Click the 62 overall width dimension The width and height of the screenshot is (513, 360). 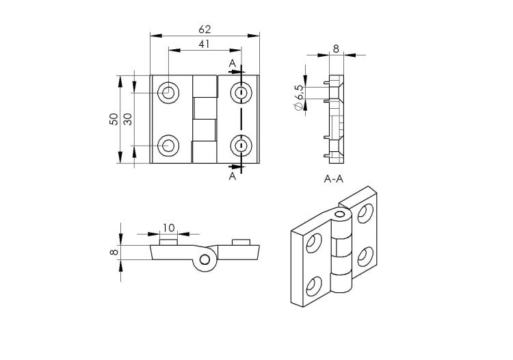click(205, 29)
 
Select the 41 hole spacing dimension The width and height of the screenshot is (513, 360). click(204, 44)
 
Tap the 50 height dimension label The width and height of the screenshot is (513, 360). click(114, 119)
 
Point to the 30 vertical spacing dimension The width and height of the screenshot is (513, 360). click(128, 119)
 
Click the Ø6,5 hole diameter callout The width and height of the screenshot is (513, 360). click(299, 97)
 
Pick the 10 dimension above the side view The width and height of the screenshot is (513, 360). click(169, 228)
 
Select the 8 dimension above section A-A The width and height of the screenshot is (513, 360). click(336, 49)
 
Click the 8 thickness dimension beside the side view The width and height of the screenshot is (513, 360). click(114, 253)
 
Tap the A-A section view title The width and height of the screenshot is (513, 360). click(334, 179)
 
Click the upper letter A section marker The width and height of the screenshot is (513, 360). click(233, 64)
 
